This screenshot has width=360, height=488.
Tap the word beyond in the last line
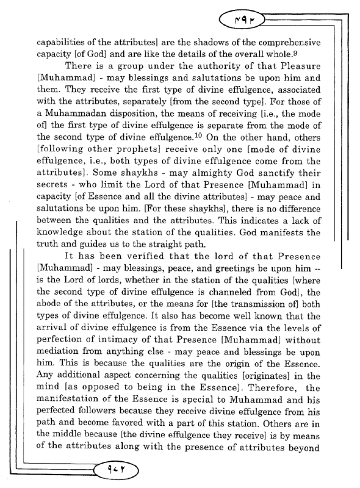point(305,448)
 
